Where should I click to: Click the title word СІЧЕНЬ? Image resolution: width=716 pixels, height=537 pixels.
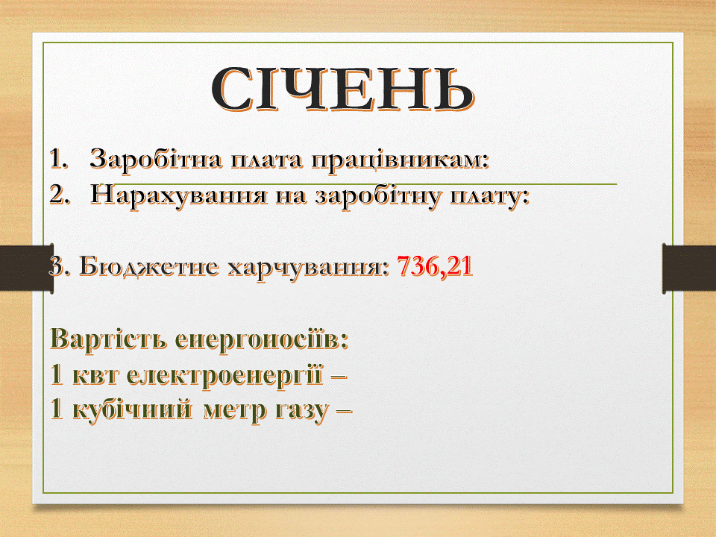click(x=343, y=89)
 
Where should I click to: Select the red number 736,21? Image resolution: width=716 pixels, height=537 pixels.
click(x=435, y=266)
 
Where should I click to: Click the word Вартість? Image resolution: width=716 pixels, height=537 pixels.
click(x=109, y=339)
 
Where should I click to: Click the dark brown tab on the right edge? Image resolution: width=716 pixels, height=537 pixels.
click(x=689, y=268)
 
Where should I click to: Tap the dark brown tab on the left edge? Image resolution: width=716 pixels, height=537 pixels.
click(x=27, y=267)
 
